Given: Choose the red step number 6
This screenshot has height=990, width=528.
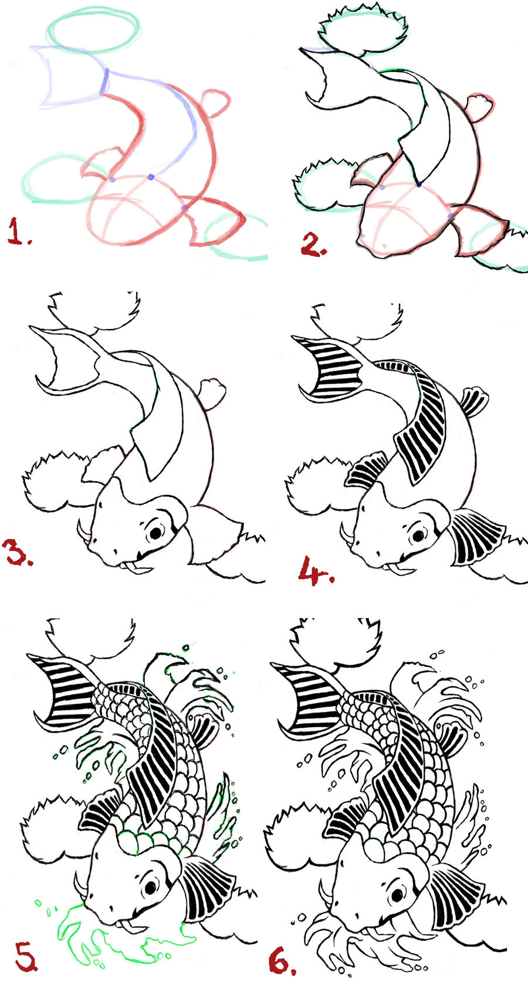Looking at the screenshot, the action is [282, 960].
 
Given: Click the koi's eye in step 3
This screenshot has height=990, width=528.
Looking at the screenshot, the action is [155, 534].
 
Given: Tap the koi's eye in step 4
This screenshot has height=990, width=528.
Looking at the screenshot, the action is [418, 537].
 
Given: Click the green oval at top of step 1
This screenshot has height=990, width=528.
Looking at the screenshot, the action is [93, 31].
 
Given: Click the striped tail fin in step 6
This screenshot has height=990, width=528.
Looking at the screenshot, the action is [310, 694].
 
